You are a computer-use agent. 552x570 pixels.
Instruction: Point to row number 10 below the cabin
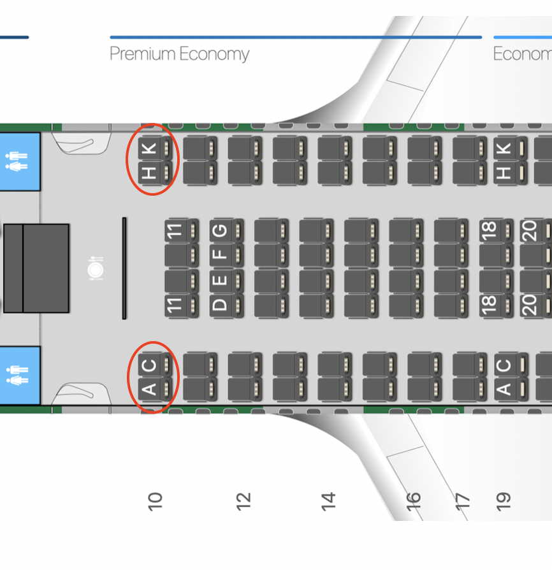[x=155, y=501]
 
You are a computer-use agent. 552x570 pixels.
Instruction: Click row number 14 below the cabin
[x=328, y=501]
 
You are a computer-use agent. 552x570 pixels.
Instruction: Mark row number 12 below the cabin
[x=243, y=501]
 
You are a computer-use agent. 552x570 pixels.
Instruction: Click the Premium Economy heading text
[x=179, y=54]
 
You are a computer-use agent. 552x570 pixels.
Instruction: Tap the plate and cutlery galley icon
[x=96, y=268]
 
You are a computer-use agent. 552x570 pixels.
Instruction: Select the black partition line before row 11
[x=124, y=268]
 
